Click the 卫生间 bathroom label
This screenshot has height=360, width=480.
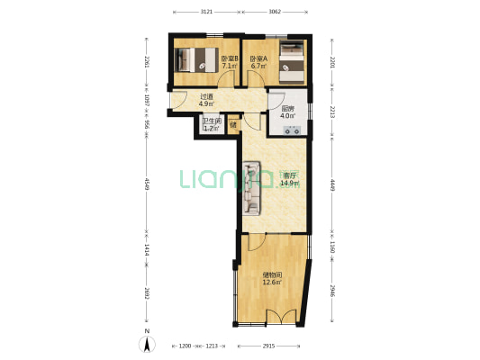point(211,125)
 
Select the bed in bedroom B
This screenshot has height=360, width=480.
point(196,60)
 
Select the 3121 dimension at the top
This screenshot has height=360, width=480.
point(206,12)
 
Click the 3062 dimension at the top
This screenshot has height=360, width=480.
point(275,12)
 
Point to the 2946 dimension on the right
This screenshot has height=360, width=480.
point(332,290)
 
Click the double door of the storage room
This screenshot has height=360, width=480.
point(280,316)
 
